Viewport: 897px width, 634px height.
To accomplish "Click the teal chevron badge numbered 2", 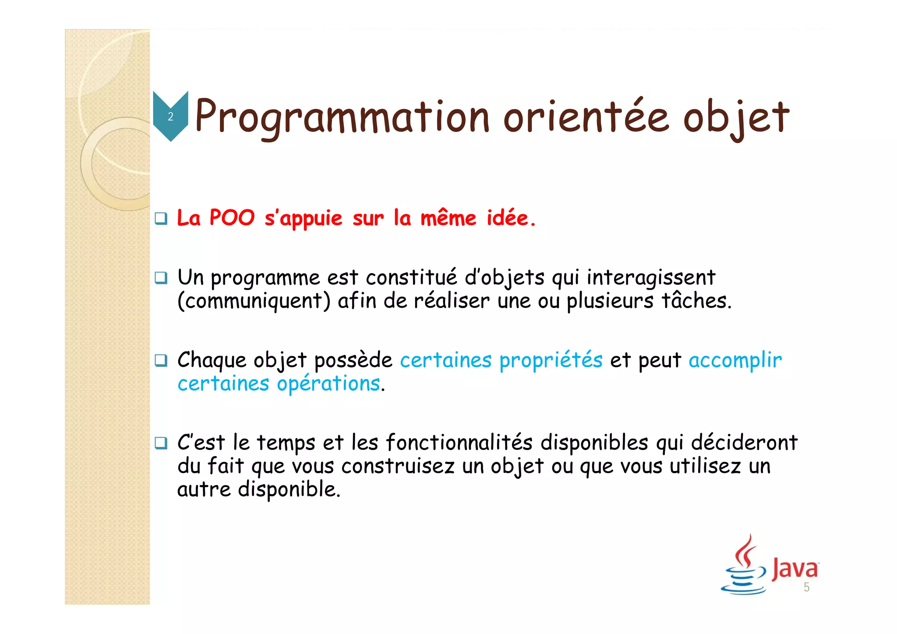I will pos(170,116).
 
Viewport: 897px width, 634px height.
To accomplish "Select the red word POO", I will pos(232,218).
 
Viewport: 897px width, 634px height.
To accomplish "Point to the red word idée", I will pos(511,218).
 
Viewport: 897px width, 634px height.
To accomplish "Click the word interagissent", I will pos(651,277).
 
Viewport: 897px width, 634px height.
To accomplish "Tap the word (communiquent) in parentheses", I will pos(254,301).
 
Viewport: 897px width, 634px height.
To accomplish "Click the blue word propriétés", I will pos(551,361).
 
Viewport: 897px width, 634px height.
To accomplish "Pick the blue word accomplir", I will pos(735,361).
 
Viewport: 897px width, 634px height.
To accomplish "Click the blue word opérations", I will pos(328,384).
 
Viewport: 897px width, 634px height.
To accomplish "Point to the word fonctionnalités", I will pos(459,442).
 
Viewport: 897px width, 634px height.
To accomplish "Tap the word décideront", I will pos(744,442).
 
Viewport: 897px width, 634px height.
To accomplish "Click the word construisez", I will pos(398,466).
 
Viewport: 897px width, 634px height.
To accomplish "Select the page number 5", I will pos(806,588).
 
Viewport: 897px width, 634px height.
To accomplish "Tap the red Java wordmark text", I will pos(795,569).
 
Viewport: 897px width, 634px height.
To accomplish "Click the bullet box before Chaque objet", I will pos(161,361).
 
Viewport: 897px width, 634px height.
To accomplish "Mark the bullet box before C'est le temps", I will pos(161,443).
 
